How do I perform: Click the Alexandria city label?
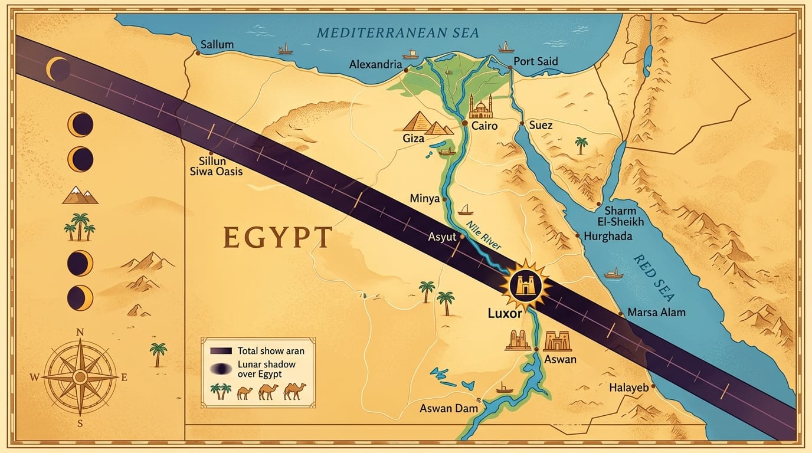tap(375, 64)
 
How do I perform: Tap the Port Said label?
tap(535, 61)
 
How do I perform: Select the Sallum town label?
tap(217, 45)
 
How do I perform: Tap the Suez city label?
tap(541, 125)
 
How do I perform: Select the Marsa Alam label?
tap(656, 312)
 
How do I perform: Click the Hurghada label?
tap(608, 236)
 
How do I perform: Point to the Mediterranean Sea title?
tap(397, 32)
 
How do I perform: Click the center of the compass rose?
tap(80, 376)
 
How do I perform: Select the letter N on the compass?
tap(80, 333)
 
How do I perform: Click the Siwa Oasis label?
tap(216, 172)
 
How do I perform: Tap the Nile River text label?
tap(483, 236)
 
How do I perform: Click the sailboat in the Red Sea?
tap(614, 273)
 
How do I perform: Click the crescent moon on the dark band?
tap(58, 70)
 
